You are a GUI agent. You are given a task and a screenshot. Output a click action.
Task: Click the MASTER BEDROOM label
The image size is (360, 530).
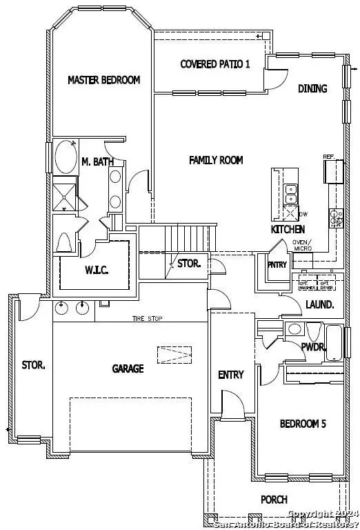[103, 80]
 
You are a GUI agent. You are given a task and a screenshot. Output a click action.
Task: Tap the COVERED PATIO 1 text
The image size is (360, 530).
[210, 64]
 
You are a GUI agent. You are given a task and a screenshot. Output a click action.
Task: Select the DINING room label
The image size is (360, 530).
[312, 88]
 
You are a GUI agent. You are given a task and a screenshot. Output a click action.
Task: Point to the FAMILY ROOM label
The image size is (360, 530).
[216, 160]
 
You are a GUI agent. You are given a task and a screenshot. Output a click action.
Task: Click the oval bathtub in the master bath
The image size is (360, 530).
[66, 157]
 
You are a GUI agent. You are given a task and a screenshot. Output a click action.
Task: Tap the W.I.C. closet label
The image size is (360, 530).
[95, 269]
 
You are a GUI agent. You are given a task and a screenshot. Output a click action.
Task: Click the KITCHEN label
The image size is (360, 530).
[288, 229]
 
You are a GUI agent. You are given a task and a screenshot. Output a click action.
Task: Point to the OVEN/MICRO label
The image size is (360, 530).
[302, 244]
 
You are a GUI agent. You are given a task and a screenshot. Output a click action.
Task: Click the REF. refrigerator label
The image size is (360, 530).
[329, 157]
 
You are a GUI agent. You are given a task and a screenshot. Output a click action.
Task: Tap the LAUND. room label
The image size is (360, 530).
[320, 304]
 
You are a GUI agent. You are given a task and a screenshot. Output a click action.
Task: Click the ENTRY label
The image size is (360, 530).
[230, 375]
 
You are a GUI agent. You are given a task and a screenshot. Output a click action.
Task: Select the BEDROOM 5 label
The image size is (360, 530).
[302, 424]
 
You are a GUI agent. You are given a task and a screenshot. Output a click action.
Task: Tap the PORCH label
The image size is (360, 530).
[274, 500]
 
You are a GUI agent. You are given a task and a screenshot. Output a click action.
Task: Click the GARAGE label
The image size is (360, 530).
[128, 369]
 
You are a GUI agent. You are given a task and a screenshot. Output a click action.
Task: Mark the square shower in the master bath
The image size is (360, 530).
[66, 193]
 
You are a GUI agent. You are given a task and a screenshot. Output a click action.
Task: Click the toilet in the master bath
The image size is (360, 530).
[65, 244]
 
